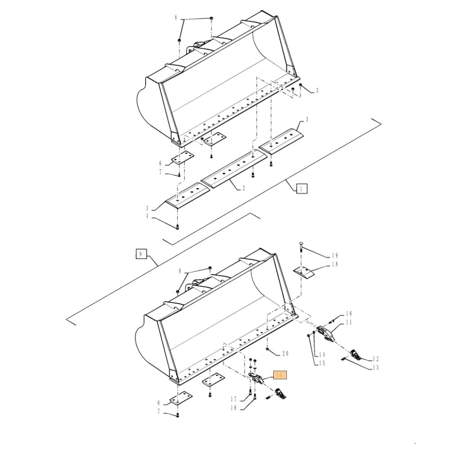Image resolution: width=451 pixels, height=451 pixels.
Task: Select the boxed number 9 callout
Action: tap(141, 254)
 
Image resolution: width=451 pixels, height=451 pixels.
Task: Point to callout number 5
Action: tap(317, 91)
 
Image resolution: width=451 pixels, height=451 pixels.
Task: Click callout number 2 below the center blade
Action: tap(244, 188)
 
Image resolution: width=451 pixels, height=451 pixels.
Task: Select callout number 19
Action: tap(335, 256)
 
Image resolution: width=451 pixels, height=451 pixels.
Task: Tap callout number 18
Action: tap(335, 264)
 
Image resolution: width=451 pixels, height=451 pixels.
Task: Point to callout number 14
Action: tap(322, 354)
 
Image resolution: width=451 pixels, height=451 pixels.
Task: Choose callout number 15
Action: tap(322, 363)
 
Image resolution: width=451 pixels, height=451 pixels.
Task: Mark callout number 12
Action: tap(375, 359)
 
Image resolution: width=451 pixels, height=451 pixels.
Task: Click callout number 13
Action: tap(375, 368)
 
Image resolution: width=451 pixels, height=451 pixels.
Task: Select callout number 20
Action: tap(285, 353)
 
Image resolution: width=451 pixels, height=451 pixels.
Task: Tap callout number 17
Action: tap(233, 399)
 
